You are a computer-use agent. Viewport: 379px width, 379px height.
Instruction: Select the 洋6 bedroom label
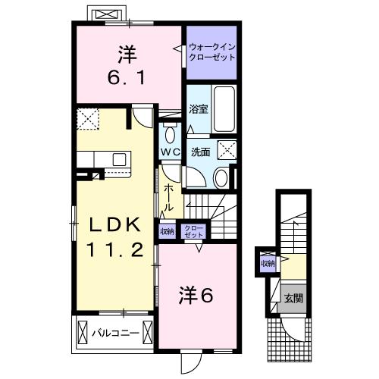[196, 295]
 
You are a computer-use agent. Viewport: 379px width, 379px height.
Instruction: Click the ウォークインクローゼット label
[212, 53]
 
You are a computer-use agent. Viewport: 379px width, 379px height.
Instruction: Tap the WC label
[170, 152]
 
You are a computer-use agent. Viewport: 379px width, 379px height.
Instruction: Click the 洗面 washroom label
[200, 151]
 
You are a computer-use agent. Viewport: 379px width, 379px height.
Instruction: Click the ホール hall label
[169, 196]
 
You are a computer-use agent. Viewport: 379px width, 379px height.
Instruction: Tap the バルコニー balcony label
[115, 332]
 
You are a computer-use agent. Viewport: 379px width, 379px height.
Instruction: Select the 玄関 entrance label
[293, 298]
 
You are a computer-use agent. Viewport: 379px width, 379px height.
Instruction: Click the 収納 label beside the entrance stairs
[268, 263]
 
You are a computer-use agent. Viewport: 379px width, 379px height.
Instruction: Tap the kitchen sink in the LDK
[119, 159]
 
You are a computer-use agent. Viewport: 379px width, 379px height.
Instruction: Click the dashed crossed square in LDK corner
[89, 120]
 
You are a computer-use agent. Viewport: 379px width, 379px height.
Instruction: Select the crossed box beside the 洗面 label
[227, 149]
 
